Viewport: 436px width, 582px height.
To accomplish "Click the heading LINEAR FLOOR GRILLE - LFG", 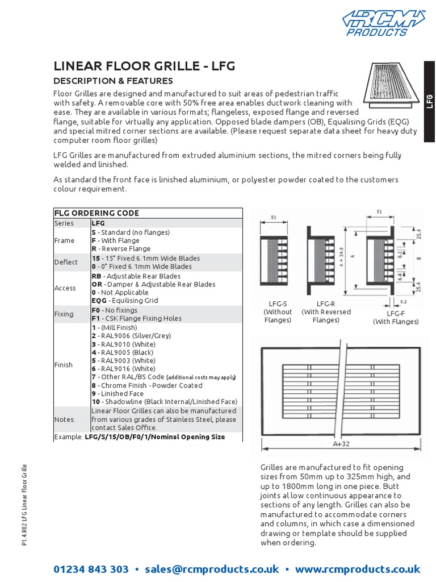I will coord(144,66).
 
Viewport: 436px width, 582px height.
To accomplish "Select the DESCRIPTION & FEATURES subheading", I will coord(113,81).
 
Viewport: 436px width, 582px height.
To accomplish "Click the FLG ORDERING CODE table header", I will coord(97,213).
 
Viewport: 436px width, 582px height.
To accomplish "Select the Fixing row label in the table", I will coord(64,314).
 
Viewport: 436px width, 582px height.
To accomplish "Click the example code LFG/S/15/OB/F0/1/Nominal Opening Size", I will coord(154,437).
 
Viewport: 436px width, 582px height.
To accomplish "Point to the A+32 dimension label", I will coord(341,444).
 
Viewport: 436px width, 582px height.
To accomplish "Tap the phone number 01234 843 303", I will coord(91,569).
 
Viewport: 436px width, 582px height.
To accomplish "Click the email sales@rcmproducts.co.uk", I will coord(212,569).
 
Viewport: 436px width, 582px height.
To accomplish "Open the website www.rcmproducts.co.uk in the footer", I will coord(358,569).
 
